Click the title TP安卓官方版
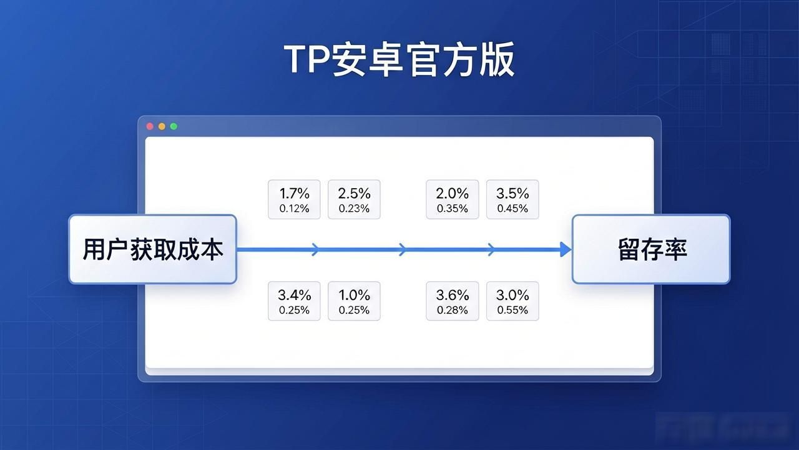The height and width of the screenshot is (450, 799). (399, 59)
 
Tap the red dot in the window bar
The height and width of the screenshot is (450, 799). (150, 126)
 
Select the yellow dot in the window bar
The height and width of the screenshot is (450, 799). (162, 126)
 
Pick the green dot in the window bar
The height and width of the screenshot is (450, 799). (174, 126)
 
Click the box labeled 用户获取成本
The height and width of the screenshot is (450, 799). (153, 249)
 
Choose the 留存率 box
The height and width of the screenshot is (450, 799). (651, 249)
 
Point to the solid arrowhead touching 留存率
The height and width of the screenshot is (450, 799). (566, 249)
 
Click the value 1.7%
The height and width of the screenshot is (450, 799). (294, 194)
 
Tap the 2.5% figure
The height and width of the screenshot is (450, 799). (354, 194)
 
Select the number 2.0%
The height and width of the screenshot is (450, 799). (453, 194)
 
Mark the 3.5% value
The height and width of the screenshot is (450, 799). (512, 194)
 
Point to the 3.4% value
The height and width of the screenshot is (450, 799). (294, 296)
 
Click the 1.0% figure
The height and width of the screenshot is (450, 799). (354, 296)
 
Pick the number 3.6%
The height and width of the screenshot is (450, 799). (453, 296)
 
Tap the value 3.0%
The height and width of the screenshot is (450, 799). (512, 296)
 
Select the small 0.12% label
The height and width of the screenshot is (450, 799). (294, 209)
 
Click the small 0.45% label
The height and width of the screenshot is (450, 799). (512, 209)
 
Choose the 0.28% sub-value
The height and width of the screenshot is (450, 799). (453, 311)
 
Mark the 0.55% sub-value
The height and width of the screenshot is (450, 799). (512, 311)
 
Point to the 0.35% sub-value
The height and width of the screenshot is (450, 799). (453, 209)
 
